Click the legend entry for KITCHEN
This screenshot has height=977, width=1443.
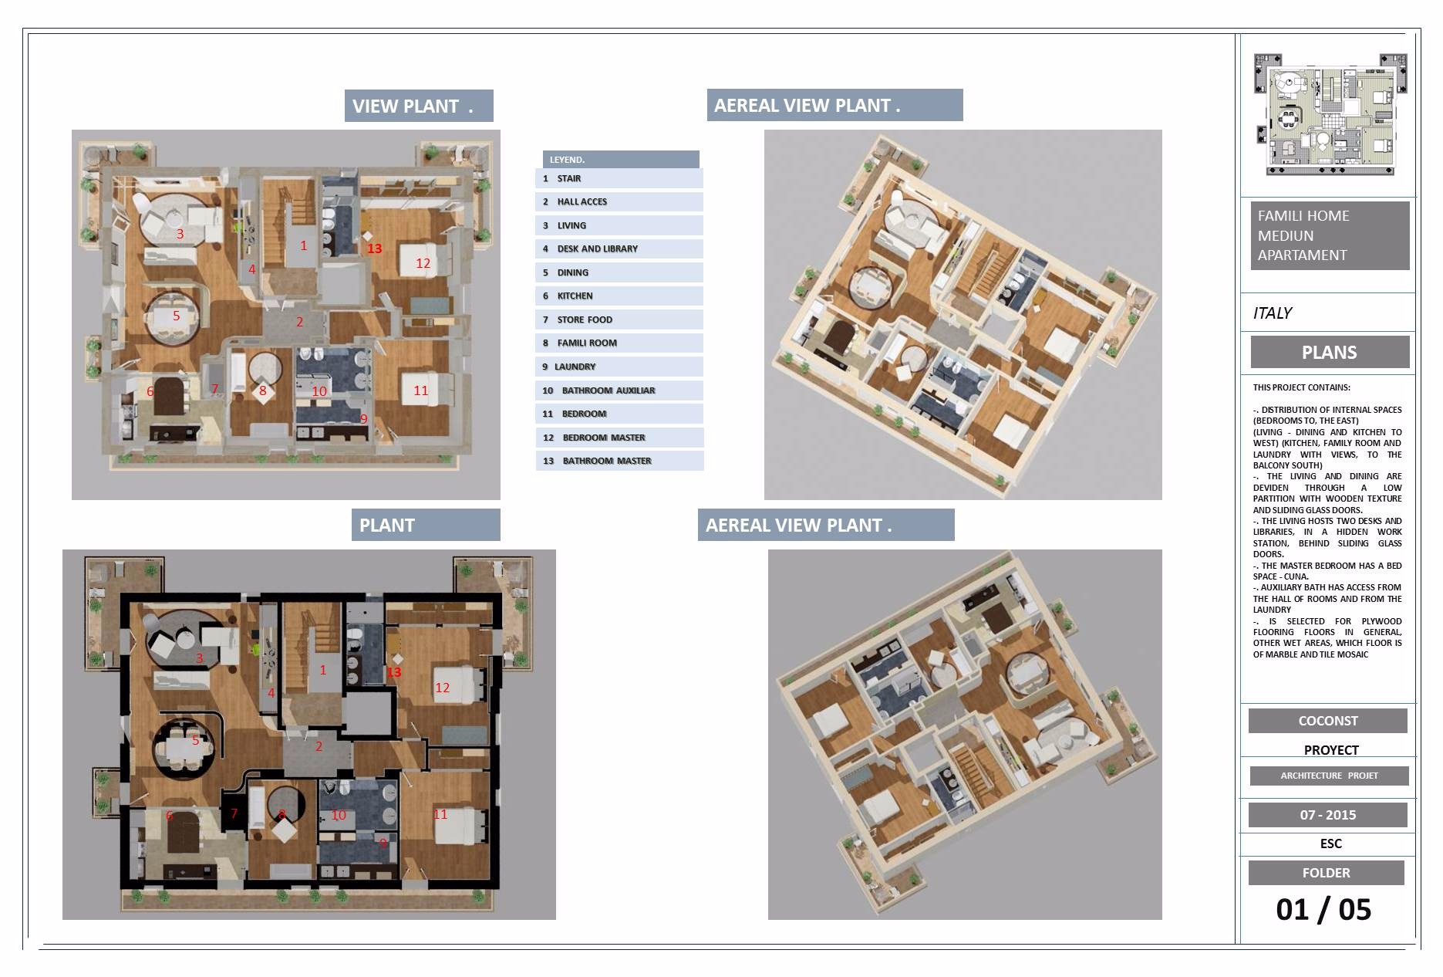(x=619, y=296)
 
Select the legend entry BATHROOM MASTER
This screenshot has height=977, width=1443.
(x=619, y=461)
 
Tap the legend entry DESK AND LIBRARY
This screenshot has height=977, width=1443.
(x=619, y=248)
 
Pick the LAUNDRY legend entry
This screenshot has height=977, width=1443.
(x=619, y=367)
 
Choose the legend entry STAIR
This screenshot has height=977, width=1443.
(x=619, y=178)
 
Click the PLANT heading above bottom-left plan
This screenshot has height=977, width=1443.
(x=426, y=525)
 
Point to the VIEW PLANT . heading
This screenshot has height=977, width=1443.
(x=419, y=106)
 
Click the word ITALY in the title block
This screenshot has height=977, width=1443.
(x=1273, y=313)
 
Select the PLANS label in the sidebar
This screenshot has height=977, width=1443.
(x=1330, y=353)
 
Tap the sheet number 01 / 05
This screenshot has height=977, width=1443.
(x=1323, y=909)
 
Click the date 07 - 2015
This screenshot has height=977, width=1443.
(x=1328, y=815)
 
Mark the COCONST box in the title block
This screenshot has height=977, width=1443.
(x=1328, y=721)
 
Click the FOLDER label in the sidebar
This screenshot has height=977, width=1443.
(x=1327, y=873)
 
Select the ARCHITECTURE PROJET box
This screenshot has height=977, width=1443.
(x=1330, y=776)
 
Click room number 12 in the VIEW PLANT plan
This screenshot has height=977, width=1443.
(x=423, y=263)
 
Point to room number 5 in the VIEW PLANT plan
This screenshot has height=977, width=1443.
(x=177, y=316)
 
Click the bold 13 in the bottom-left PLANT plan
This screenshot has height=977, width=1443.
(x=394, y=672)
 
